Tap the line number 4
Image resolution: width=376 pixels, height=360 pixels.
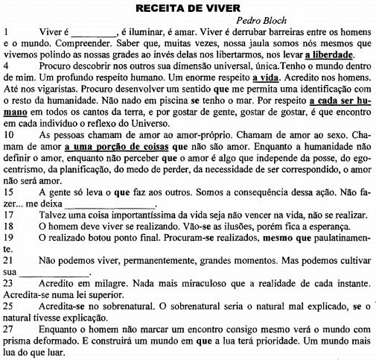click(7, 66)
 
